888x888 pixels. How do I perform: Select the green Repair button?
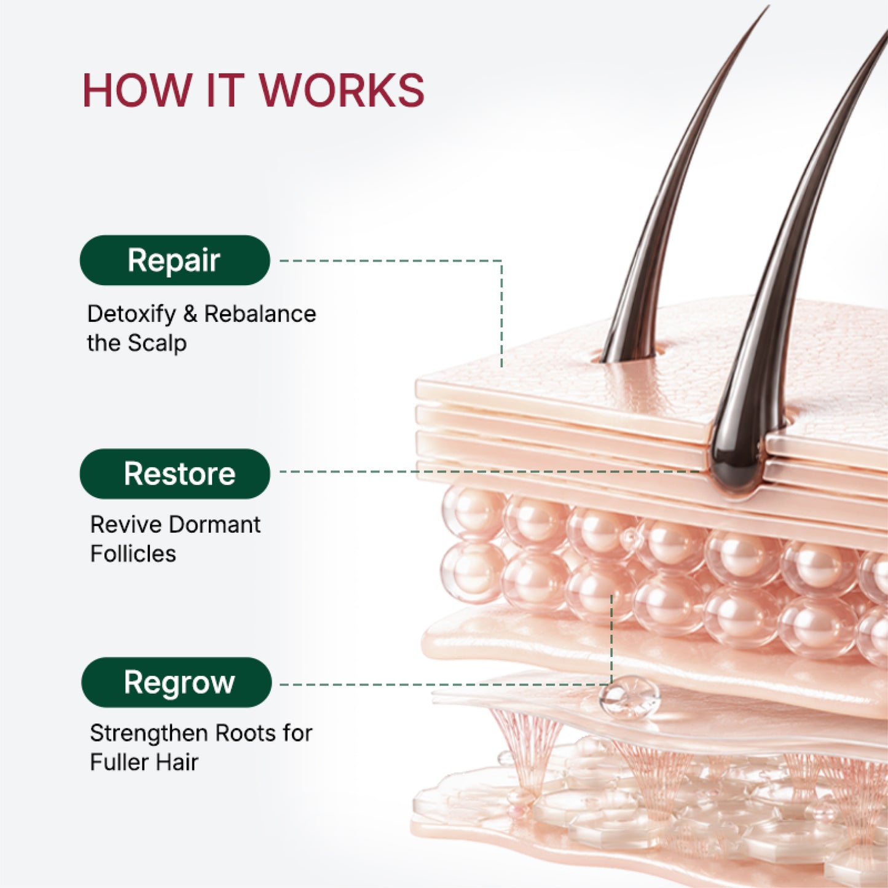[x=175, y=261]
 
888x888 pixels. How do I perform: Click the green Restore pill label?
[x=175, y=474]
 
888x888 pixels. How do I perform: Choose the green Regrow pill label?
[x=176, y=683]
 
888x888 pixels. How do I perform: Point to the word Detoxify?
[x=132, y=315]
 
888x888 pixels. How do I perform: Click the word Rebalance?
[x=260, y=314]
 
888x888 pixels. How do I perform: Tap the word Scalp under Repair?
[x=157, y=344]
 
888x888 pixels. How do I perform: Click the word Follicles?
[x=133, y=554]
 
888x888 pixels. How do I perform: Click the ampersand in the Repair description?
[x=190, y=314]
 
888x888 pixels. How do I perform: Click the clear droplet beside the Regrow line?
[x=629, y=697]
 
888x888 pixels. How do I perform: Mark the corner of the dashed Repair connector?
[x=501, y=261]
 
